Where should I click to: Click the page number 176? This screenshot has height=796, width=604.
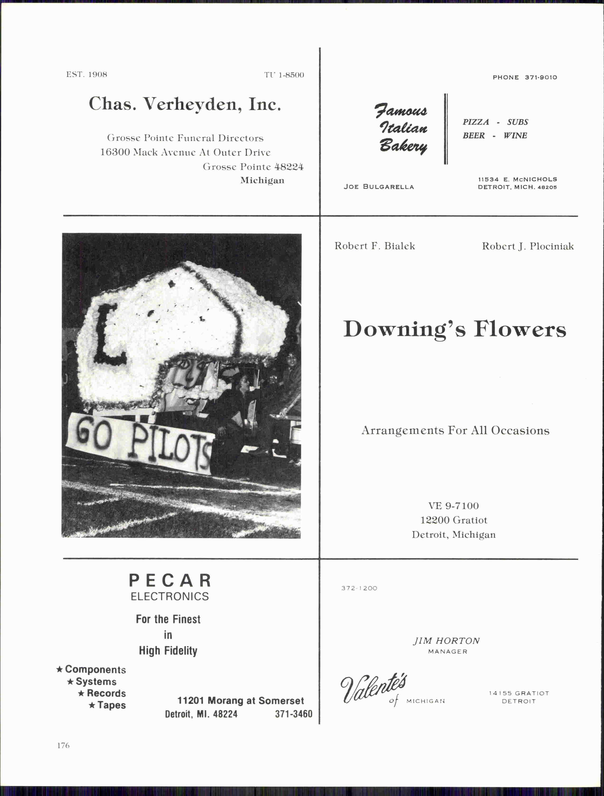point(63,745)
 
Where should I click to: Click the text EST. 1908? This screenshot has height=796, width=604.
point(87,75)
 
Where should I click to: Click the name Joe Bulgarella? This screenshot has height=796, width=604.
point(379,187)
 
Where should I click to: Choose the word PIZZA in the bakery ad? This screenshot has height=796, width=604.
point(476,122)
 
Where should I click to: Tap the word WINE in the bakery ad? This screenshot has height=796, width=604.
point(515,136)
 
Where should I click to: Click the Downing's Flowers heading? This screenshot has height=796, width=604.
point(455,329)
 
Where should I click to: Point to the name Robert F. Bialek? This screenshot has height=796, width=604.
point(374,246)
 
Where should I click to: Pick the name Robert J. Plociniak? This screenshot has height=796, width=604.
point(528,247)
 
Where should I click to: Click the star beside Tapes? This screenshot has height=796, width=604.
point(92,705)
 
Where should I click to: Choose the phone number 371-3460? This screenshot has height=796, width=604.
point(293,714)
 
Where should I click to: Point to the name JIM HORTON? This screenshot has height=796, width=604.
point(446,641)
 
